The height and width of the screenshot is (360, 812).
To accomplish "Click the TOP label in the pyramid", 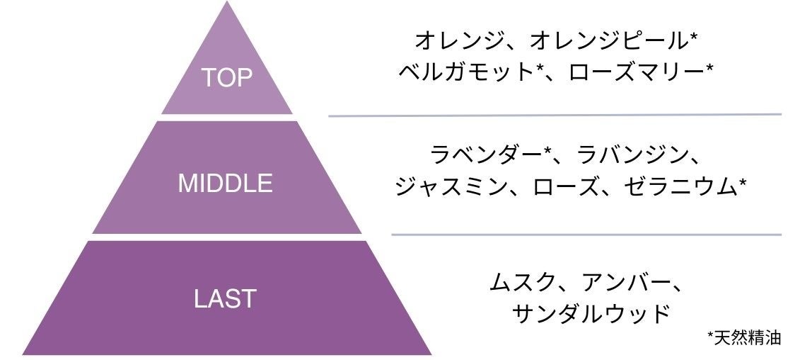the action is click(227, 77).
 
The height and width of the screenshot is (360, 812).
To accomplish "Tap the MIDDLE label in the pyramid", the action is click(225, 184).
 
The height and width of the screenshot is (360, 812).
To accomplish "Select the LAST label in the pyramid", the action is click(225, 298).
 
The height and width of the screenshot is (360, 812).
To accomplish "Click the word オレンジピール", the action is click(605, 40).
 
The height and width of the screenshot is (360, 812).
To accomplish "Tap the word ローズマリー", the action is click(634, 72).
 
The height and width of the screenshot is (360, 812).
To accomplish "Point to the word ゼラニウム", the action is click(679, 187).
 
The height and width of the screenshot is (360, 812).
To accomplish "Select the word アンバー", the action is click(622, 282).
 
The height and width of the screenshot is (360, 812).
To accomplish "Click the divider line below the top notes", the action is click(555, 115).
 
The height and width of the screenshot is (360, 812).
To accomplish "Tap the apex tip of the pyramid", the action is click(227, 4).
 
